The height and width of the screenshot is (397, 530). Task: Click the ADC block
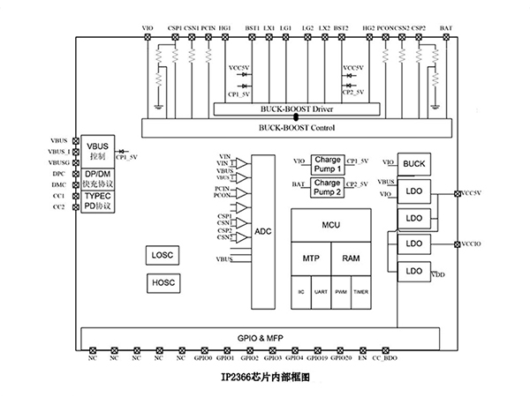click(262, 231)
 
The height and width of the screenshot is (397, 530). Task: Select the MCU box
click(331, 226)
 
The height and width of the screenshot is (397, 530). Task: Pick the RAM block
click(352, 258)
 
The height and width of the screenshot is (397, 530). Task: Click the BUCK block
click(414, 164)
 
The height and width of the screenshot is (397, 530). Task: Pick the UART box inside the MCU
click(321, 291)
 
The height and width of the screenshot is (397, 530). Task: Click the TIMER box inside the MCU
click(361, 291)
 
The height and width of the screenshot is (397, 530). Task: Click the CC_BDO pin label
click(385, 358)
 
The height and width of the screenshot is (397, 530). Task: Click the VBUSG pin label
click(60, 163)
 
